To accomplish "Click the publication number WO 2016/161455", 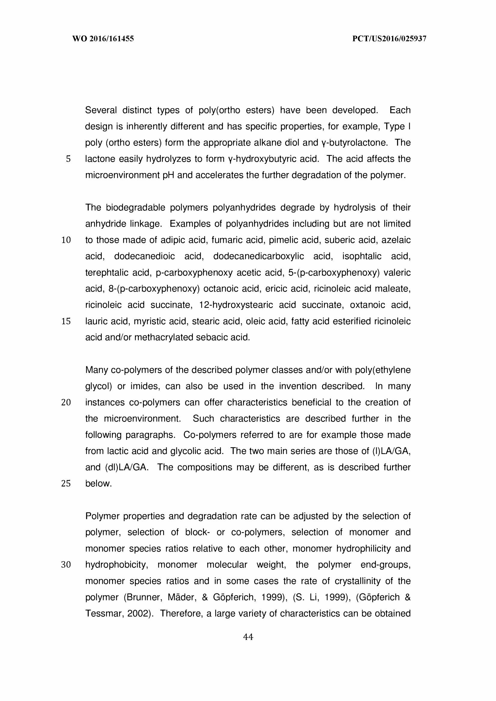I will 103,39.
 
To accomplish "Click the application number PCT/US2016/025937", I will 389,39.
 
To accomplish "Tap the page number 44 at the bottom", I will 248,637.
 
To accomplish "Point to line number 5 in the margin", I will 68,159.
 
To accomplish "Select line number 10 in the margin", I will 66,240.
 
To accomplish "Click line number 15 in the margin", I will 66,321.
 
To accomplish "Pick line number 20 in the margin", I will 66,403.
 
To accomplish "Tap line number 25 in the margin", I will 66,483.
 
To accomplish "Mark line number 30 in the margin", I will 66,565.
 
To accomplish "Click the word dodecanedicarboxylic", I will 258,256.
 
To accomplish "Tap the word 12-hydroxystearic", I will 236,305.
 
